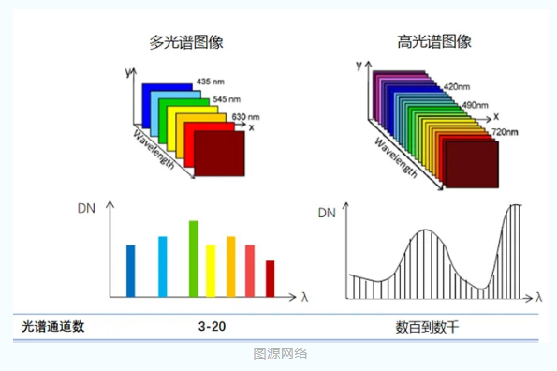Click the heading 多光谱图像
coord(185,42)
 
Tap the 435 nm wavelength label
coord(211,82)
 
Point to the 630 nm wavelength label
coord(245,116)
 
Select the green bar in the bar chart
coord(193,258)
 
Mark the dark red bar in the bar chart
coord(271,277)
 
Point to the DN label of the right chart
coord(326,214)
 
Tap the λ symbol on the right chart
coord(538,297)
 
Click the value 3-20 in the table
coord(212,327)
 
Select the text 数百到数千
coord(427,327)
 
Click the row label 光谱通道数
coord(53,327)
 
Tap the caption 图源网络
coord(279,354)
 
